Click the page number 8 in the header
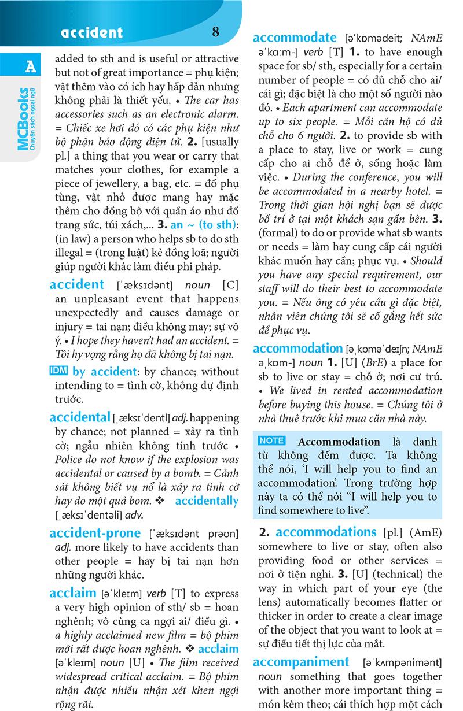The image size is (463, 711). click(x=215, y=32)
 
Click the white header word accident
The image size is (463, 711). click(x=93, y=33)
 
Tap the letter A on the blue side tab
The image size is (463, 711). click(x=30, y=67)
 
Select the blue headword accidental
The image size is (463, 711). click(x=80, y=417)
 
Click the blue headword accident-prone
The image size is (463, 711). click(x=95, y=532)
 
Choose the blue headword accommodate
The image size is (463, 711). click(x=295, y=38)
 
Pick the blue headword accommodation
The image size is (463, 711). click(x=298, y=348)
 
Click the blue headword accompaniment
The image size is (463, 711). click(x=301, y=662)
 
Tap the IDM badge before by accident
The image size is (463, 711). click(x=59, y=371)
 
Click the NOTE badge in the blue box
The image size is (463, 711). click(x=272, y=441)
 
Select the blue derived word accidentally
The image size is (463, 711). click(x=206, y=501)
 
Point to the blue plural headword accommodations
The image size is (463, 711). click(x=326, y=532)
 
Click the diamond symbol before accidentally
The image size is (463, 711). click(x=164, y=501)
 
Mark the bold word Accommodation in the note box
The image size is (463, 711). click(x=339, y=442)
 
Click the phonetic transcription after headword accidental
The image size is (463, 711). click(x=142, y=418)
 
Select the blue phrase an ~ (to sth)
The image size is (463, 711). click(x=197, y=239)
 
